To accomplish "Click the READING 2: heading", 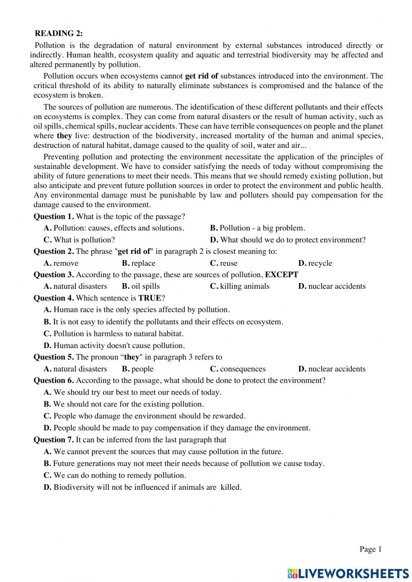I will click(x=59, y=33).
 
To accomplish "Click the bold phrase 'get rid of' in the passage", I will click(x=201, y=76).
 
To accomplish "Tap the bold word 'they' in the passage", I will click(x=64, y=136).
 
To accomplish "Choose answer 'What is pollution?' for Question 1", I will click(x=84, y=240).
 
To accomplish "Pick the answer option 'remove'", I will click(x=66, y=263).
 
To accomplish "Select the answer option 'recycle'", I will click(x=320, y=263).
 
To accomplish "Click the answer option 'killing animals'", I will click(x=244, y=286).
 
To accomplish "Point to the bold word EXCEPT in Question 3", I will click(x=281, y=274).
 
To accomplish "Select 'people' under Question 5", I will click(x=142, y=369).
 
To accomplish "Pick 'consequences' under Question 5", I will click(x=243, y=369).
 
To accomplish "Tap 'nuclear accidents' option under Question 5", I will click(x=337, y=369).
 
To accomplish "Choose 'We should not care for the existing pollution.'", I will click(x=128, y=404).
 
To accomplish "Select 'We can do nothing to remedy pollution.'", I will click(x=119, y=475).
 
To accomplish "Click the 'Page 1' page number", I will click(x=371, y=549).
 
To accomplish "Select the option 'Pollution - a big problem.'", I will click(x=262, y=228).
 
